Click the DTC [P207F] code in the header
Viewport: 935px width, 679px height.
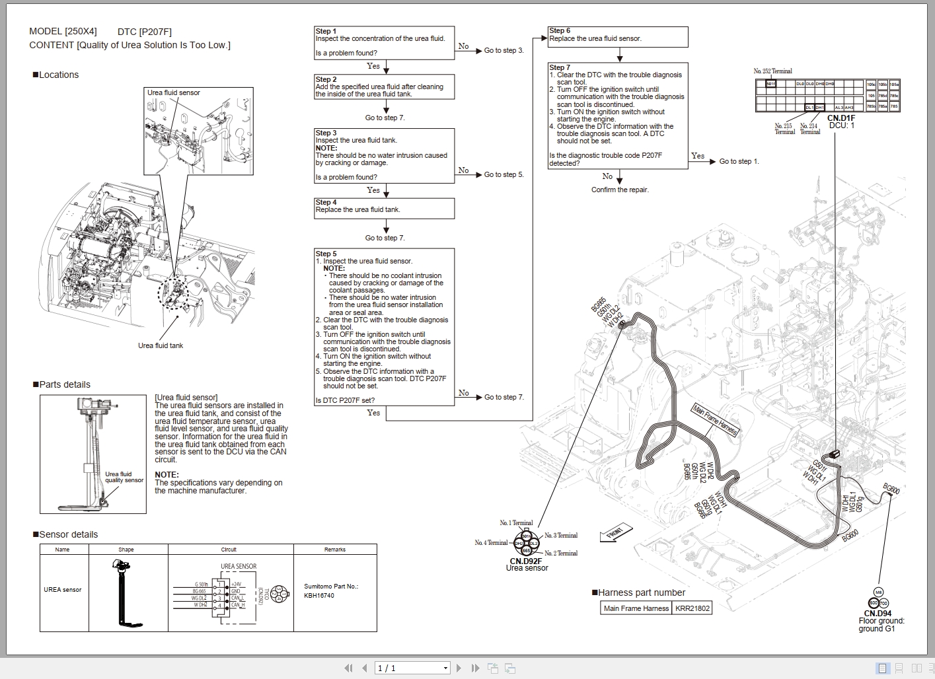(144, 32)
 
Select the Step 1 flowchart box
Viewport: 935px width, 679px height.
(384, 43)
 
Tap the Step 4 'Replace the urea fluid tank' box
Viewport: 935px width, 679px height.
(384, 208)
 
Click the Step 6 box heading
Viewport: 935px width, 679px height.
(559, 30)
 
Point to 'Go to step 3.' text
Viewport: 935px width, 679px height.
(504, 50)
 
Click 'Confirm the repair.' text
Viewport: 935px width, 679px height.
(620, 190)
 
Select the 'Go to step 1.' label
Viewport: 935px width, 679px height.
(739, 161)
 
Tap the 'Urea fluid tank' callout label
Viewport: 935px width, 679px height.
(161, 345)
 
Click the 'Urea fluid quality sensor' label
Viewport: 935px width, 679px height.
(124, 477)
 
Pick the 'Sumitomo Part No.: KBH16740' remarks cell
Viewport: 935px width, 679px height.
(331, 590)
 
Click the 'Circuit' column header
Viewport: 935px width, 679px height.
(229, 550)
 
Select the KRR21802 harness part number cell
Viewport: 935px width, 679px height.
(692, 608)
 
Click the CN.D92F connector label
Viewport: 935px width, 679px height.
(526, 561)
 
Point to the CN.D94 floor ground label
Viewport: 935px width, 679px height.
(878, 614)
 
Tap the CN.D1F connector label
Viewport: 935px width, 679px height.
(841, 118)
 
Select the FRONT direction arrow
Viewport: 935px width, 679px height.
(616, 532)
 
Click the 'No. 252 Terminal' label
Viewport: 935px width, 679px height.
(772, 71)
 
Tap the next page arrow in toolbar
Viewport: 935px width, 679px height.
(459, 668)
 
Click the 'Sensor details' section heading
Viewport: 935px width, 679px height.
(68, 534)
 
